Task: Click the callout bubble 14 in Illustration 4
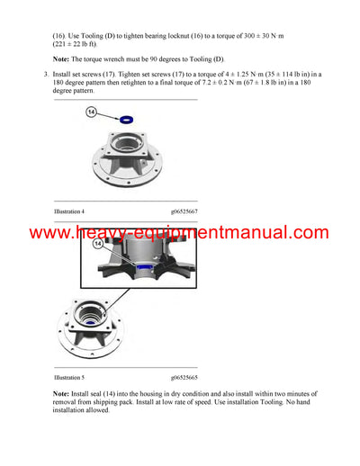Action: (x=92, y=112)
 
